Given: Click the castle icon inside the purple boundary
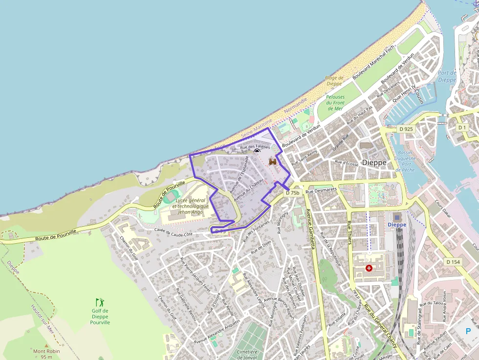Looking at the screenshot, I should (273, 161).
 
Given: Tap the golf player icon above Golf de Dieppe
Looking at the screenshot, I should (100, 302).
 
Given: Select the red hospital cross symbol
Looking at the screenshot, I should (369, 268).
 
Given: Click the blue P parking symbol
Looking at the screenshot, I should (468, 331).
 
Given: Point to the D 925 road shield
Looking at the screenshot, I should (406, 129).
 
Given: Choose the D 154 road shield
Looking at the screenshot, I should (453, 262).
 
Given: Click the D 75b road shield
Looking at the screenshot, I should (292, 192).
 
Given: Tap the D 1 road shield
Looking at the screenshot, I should (462, 127).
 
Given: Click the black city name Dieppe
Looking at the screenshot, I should (374, 162).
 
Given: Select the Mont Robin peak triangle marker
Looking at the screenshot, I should (46, 345).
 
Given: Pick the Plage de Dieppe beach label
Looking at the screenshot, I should (334, 81).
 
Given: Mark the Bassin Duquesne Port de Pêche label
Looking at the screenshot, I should (405, 161).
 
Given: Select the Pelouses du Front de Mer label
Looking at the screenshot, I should (335, 102).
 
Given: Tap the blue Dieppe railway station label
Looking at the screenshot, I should (396, 224).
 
